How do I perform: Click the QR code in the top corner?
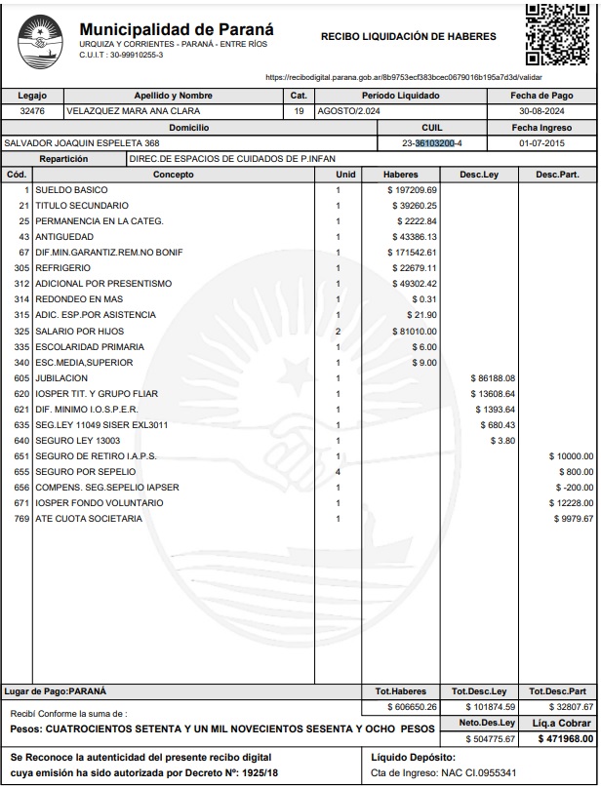[558, 34]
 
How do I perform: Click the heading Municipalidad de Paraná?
[176, 29]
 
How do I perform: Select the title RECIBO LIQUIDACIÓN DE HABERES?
[408, 37]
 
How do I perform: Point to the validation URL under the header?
[404, 77]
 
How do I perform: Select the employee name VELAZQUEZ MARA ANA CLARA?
[128, 111]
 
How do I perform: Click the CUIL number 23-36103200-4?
[432, 143]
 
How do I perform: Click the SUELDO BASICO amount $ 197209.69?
[412, 190]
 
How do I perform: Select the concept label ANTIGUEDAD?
[64, 237]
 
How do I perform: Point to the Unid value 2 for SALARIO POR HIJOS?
[338, 332]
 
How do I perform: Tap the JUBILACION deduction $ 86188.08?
[492, 378]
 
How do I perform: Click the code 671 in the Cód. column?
[21, 502]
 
